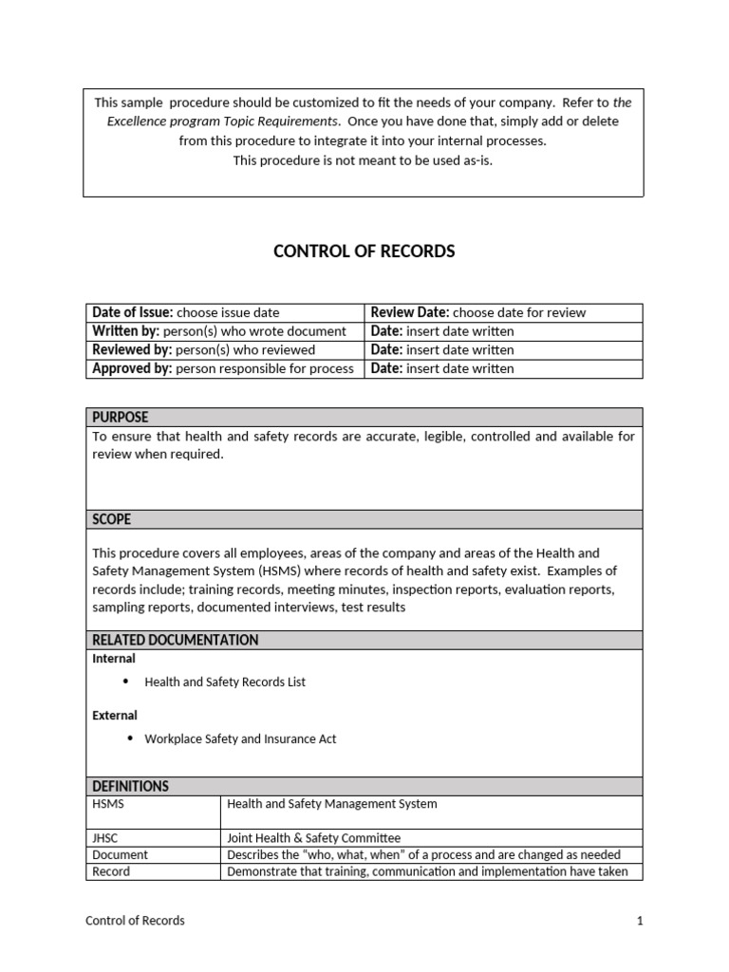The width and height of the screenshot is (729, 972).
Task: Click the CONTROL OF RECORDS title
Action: point(364,252)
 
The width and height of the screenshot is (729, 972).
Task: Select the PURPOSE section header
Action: point(120,418)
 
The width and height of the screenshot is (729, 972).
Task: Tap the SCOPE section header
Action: point(111,519)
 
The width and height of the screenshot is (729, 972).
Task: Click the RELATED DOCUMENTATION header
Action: point(175,640)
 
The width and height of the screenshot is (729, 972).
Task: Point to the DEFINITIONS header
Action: point(130,786)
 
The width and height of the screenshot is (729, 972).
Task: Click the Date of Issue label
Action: point(132,312)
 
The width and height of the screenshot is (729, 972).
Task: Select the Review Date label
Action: point(410,312)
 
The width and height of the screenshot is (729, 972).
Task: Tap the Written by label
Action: point(126,331)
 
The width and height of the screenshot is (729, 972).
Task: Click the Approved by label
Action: point(132,368)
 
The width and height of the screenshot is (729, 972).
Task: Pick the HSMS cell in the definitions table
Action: point(108,804)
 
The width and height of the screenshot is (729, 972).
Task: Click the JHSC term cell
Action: point(107,838)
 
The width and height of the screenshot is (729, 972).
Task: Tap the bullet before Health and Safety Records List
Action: point(126,682)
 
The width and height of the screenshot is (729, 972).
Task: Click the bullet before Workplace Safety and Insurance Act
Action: point(126,738)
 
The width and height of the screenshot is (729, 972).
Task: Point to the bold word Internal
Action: point(114,659)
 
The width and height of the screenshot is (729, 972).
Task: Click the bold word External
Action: point(115,716)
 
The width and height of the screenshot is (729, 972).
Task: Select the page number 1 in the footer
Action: point(641,921)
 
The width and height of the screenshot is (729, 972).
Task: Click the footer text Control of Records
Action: point(135,921)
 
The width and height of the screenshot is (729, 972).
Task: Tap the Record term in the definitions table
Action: point(111,871)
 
